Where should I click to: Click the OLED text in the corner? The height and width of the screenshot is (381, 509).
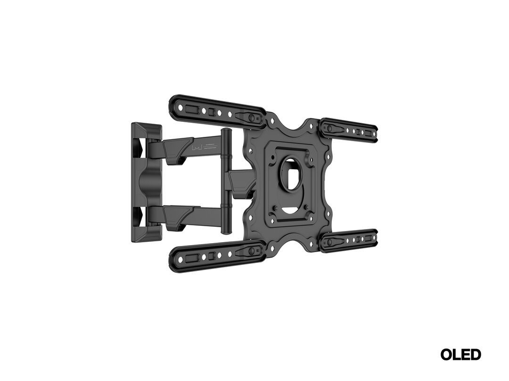pos(460,354)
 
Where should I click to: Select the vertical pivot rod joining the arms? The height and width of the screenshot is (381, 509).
pos(227,181)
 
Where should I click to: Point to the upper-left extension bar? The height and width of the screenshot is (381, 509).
pos(212,110)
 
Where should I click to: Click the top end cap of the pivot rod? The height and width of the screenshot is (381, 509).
pos(227,130)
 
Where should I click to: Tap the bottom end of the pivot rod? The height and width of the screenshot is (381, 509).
pos(227,231)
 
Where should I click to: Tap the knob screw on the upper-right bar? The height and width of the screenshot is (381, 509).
pos(329,128)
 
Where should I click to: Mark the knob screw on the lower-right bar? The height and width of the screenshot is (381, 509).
pos(329,242)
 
